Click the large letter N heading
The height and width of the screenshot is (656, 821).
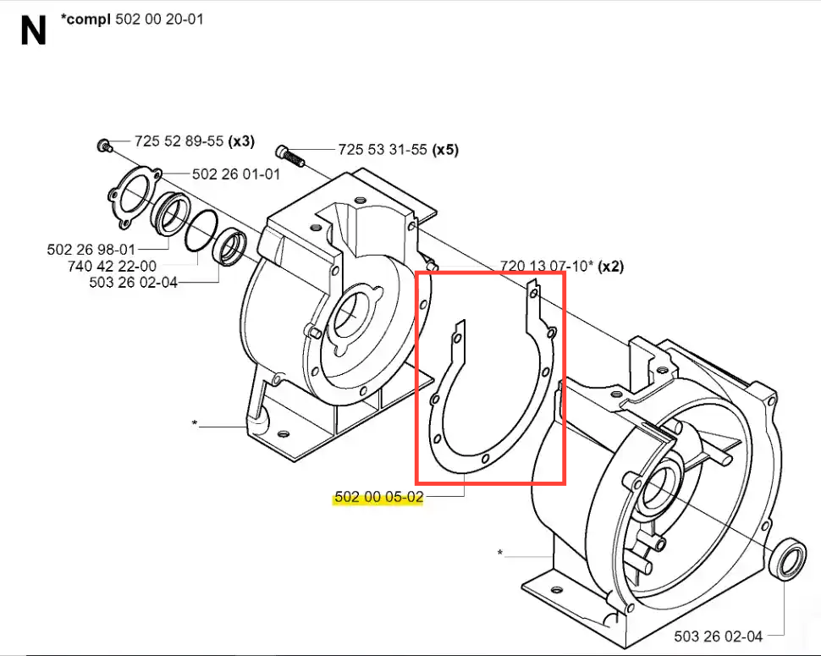tap(34, 30)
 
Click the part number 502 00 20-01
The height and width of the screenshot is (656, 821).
tap(159, 19)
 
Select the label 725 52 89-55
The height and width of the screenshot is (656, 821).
tap(179, 141)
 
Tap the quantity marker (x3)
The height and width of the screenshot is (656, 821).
tap(241, 141)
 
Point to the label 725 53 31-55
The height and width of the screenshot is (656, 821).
tap(383, 150)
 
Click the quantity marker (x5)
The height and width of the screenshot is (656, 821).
tap(445, 150)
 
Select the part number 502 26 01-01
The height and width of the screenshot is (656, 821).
tap(236, 174)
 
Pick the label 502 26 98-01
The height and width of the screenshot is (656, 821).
tap(91, 249)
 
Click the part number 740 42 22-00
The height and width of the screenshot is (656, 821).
tap(112, 266)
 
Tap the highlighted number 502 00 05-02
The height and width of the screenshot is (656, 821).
tap(378, 496)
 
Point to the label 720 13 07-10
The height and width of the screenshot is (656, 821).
tap(543, 266)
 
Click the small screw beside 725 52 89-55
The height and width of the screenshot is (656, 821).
tap(104, 145)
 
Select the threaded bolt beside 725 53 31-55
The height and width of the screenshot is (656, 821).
tap(289, 156)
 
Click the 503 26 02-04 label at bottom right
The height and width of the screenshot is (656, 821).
tap(719, 637)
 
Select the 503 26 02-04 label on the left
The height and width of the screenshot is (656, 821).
tap(134, 282)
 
